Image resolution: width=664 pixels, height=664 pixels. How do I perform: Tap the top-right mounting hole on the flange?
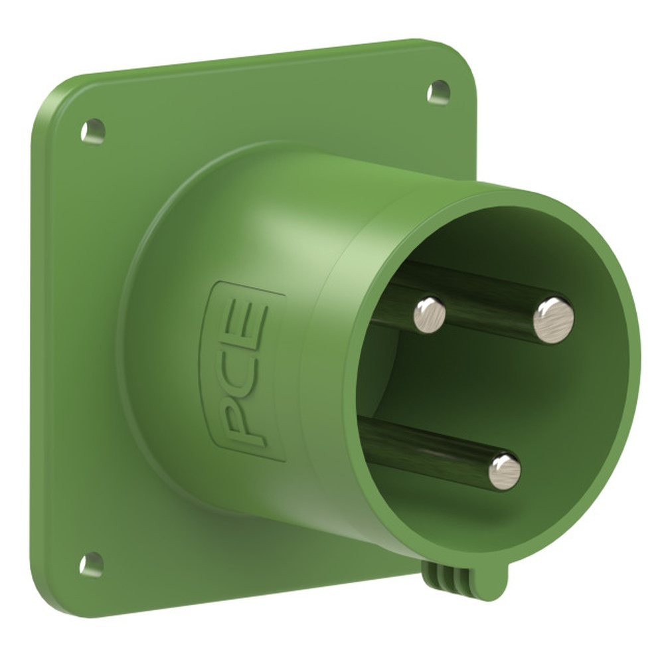pyautogui.click(x=438, y=91)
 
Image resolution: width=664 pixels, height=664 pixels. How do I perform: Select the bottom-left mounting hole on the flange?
pyautogui.click(x=92, y=564)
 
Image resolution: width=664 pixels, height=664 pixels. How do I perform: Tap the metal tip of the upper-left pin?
pyautogui.click(x=430, y=314)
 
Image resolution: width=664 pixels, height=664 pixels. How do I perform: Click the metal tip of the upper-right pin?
pyautogui.click(x=554, y=320)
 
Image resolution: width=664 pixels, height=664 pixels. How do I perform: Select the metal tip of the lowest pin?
pyautogui.click(x=505, y=471)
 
